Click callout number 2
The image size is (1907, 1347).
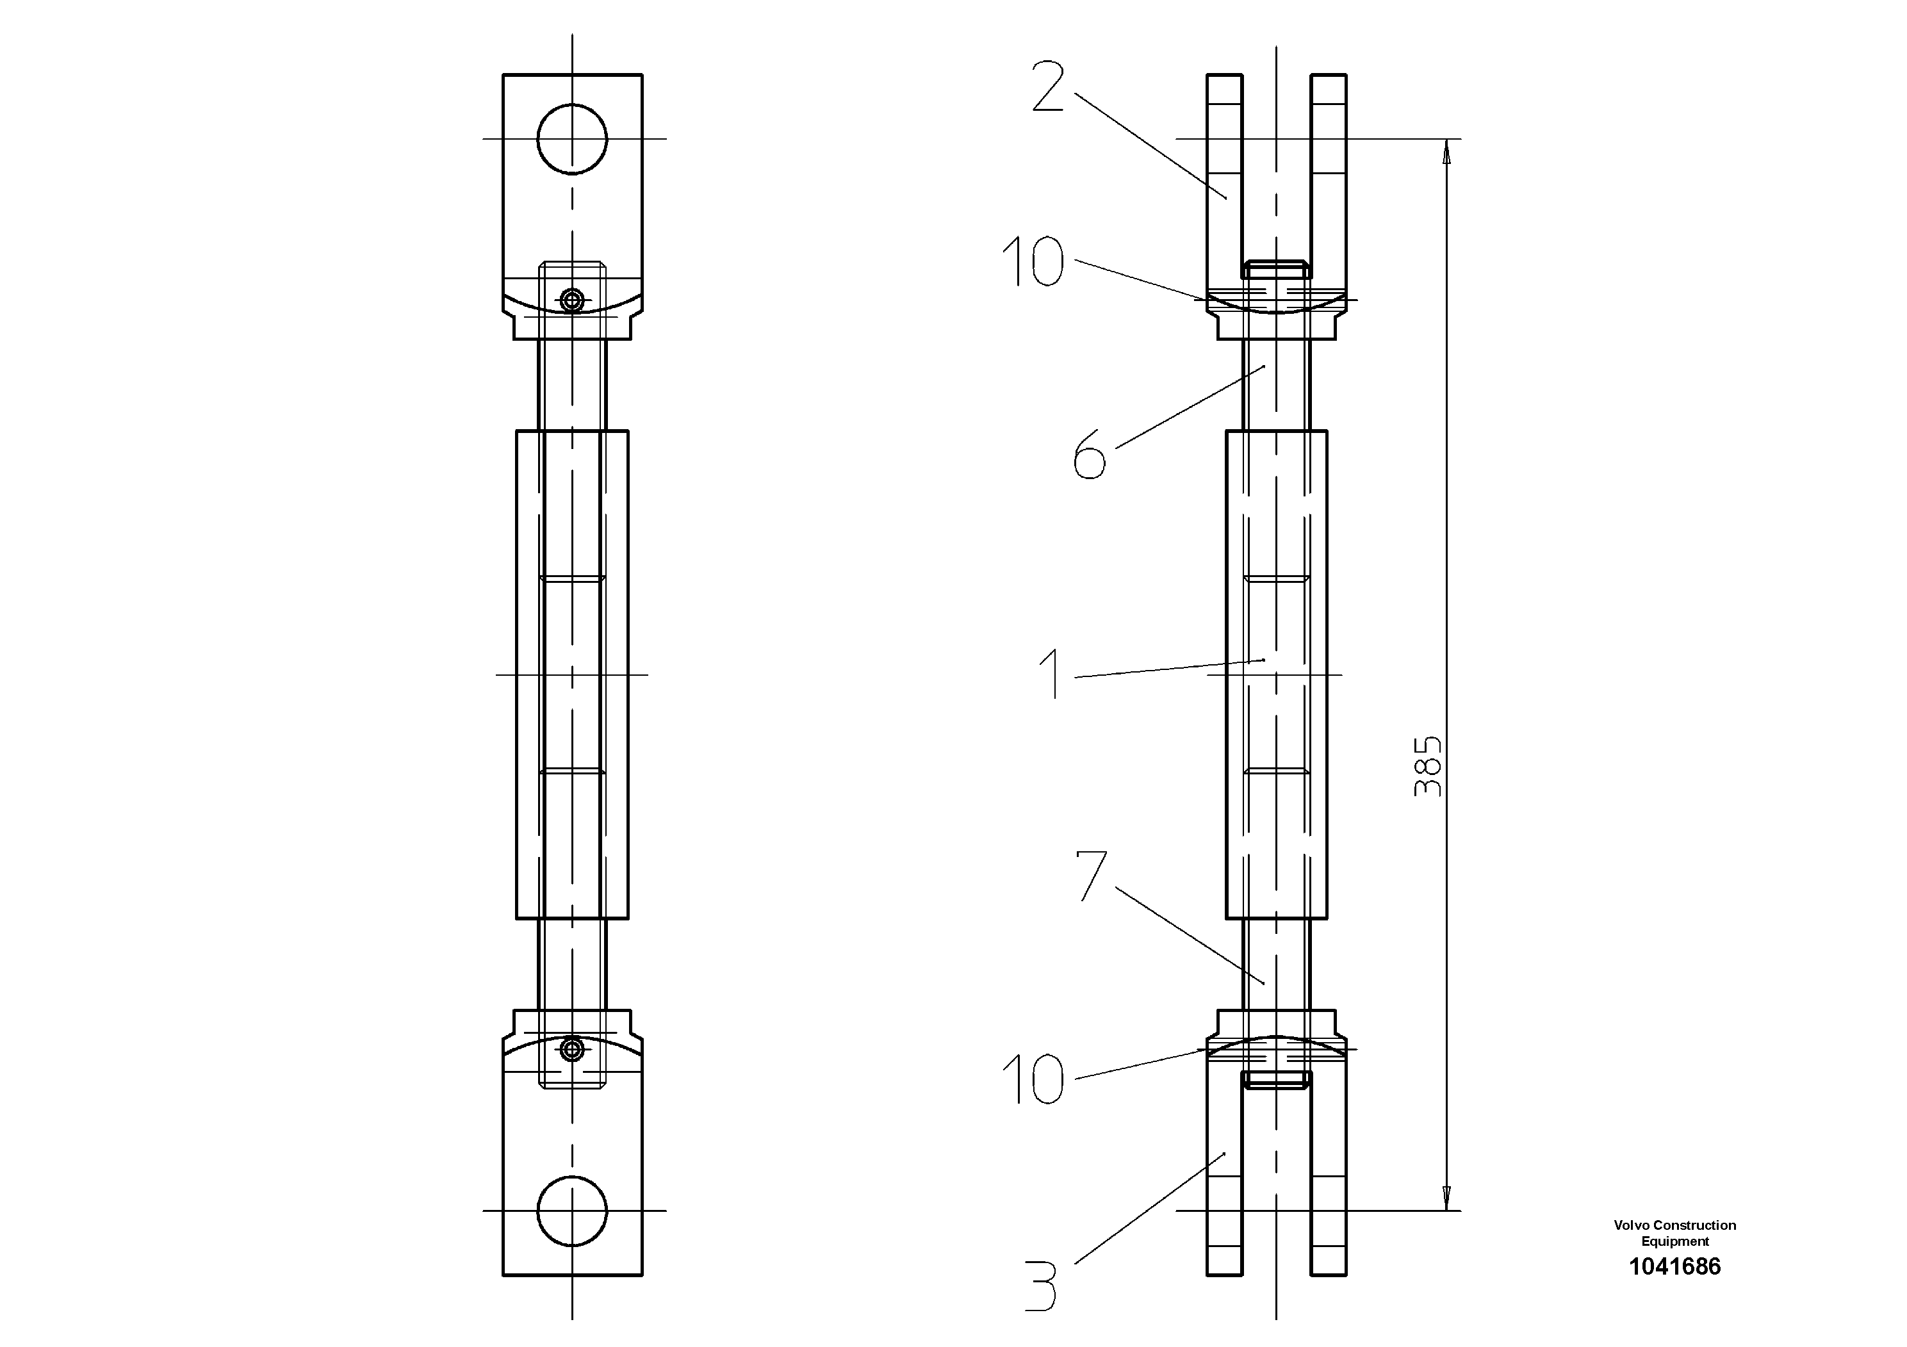(x=1048, y=86)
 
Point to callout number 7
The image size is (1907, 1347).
(x=1092, y=876)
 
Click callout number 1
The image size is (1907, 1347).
(x=1051, y=674)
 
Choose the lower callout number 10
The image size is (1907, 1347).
(x=1033, y=1080)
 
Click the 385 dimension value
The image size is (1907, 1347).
(x=1428, y=765)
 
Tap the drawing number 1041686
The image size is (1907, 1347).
(x=1674, y=1266)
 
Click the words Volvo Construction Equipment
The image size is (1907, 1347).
(x=1674, y=1233)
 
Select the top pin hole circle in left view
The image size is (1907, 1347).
(x=572, y=140)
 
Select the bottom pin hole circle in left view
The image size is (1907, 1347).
(x=572, y=1211)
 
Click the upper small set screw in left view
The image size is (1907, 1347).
(x=571, y=300)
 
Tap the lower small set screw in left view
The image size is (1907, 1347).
(x=571, y=1050)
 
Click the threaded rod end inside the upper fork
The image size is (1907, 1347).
(x=1277, y=269)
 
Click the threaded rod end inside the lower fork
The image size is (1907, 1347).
(x=1277, y=1080)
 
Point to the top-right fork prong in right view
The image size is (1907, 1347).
(x=1329, y=166)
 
